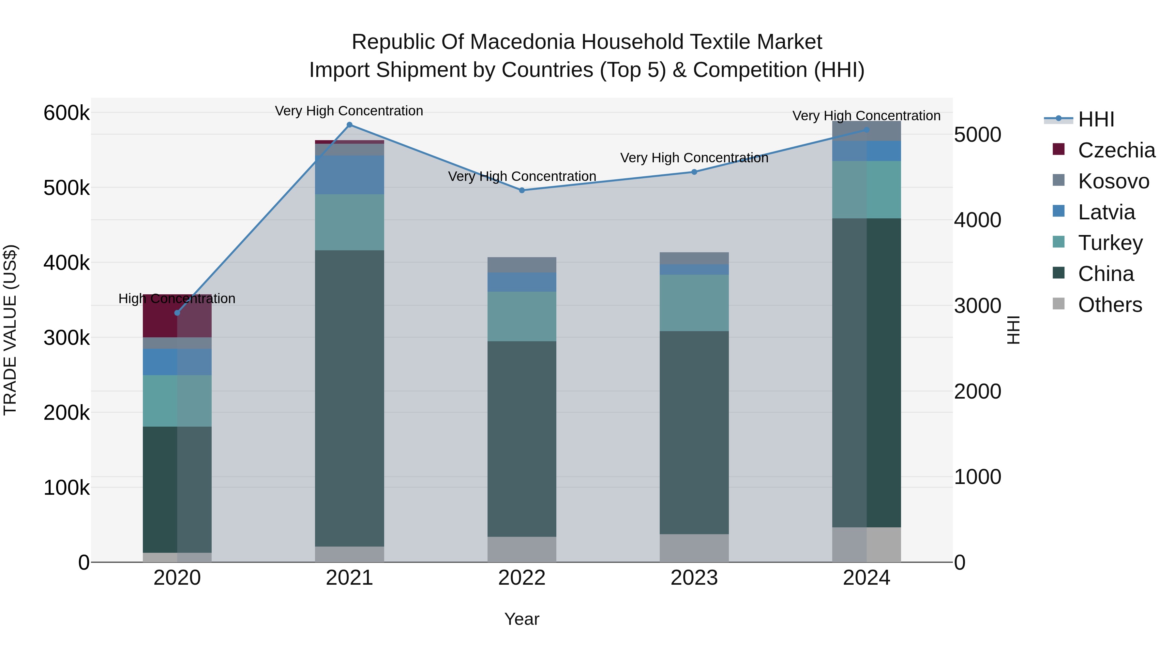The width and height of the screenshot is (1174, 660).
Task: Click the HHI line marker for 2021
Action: click(x=350, y=125)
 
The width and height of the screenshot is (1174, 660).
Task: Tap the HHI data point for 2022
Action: click(x=522, y=190)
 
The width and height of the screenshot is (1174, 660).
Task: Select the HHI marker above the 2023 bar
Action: click(x=694, y=172)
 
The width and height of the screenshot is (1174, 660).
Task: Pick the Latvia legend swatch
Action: click(x=1059, y=211)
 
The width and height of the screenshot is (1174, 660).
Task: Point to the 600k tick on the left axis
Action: click(x=67, y=113)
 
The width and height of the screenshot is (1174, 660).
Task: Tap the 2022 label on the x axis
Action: click(x=522, y=578)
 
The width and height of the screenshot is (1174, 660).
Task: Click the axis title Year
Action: click(x=522, y=619)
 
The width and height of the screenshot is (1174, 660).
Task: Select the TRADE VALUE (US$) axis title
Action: click(x=10, y=330)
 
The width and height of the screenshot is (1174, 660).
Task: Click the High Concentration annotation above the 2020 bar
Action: click(x=177, y=299)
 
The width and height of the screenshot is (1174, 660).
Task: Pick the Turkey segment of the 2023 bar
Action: click(x=694, y=303)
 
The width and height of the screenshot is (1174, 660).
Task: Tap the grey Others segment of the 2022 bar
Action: click(x=522, y=549)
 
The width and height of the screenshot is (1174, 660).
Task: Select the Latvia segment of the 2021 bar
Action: click(x=350, y=175)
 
